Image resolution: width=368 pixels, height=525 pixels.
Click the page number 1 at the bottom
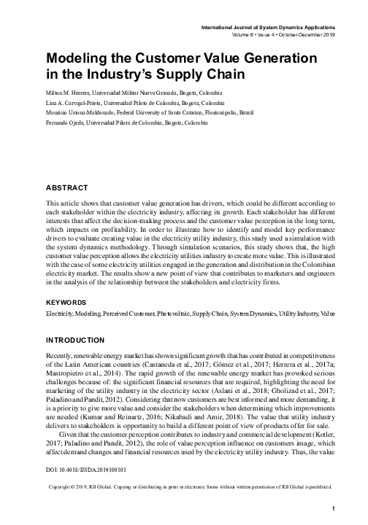[x=332, y=508]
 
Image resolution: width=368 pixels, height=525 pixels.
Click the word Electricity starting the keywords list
[x=61, y=332]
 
